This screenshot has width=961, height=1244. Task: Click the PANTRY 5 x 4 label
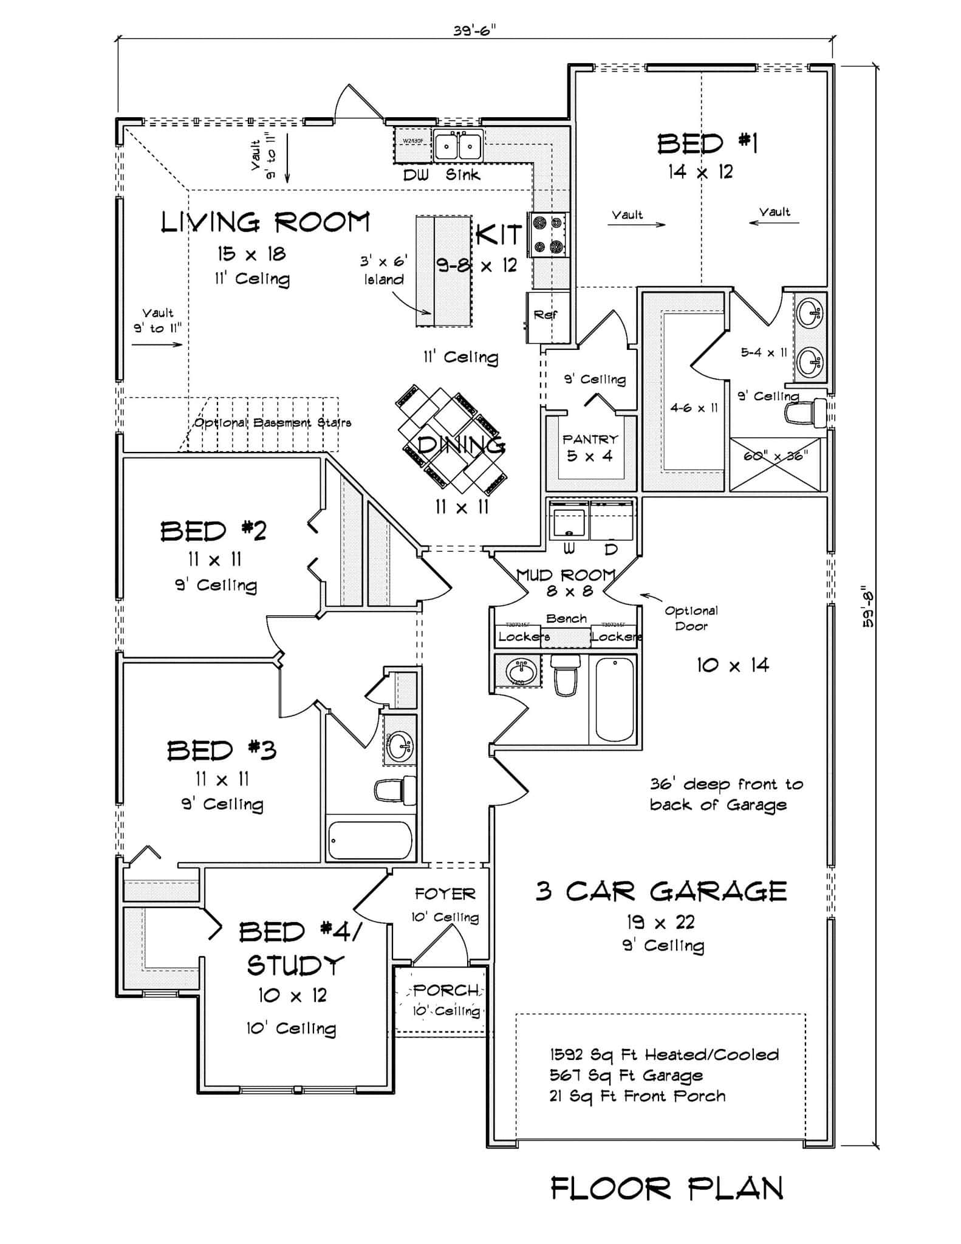tap(590, 447)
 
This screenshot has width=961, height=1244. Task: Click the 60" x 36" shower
tap(776, 464)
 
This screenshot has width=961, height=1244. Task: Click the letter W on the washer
tap(569, 549)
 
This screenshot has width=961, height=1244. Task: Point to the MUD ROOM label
tap(566, 575)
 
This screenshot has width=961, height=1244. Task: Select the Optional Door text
tap(691, 618)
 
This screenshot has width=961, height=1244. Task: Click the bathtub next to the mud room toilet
tap(614, 699)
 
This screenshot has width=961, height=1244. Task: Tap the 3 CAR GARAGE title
tap(661, 892)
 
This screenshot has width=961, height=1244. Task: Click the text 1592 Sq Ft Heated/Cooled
tap(664, 1054)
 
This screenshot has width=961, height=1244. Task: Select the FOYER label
tap(445, 894)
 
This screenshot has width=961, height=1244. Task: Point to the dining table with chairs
tap(453, 438)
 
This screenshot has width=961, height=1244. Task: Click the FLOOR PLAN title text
tap(666, 1189)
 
